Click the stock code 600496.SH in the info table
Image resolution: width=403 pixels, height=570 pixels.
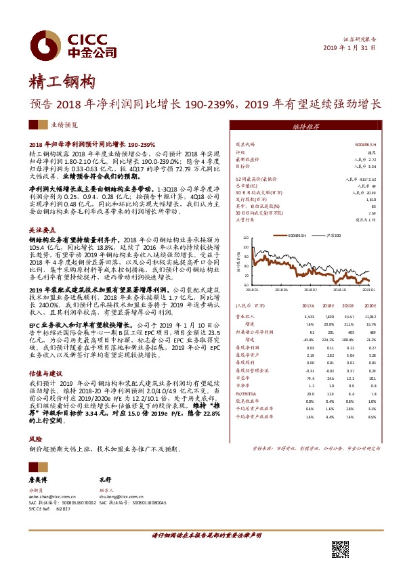click(365, 145)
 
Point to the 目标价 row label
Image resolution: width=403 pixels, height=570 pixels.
click(244, 164)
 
